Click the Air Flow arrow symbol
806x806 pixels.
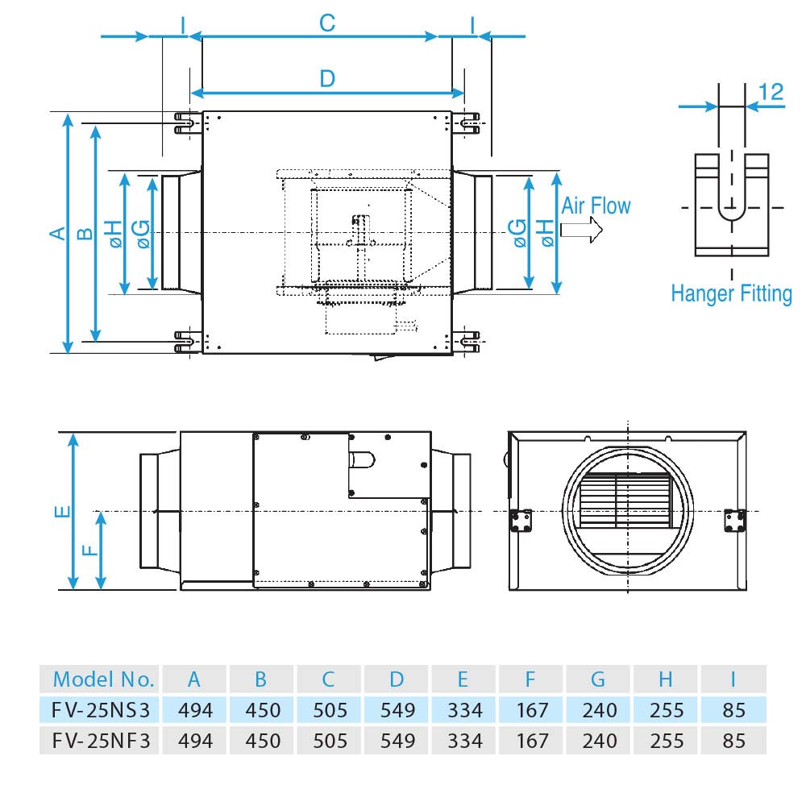coord(581,231)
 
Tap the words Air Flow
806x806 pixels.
coord(596,206)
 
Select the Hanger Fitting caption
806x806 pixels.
coord(731,293)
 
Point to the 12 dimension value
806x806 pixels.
coord(771,91)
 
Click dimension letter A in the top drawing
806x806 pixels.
coord(57,233)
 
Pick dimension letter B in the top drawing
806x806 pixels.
coord(85,233)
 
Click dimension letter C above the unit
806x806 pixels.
coord(326,23)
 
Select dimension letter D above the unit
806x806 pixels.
coord(326,79)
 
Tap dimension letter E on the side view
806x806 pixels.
coord(64,511)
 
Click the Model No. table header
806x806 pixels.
coord(103,679)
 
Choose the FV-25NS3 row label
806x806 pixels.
coord(102,710)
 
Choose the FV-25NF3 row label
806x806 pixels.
coord(102,740)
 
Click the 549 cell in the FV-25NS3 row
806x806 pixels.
coord(396,710)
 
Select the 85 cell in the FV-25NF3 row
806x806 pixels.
coord(733,740)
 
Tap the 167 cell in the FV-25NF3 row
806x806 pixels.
coord(530,740)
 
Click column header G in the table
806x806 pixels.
coord(597,679)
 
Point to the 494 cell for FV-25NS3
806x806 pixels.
coord(194,710)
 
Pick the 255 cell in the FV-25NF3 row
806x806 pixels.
coord(665,740)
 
